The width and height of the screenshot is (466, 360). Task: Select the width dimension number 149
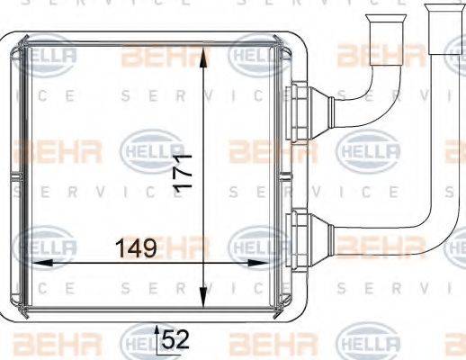pyautogui.click(x=135, y=247)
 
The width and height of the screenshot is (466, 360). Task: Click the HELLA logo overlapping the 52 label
pyautogui.click(x=139, y=345)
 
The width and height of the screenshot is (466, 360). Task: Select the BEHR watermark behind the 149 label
pyautogui.click(x=153, y=244)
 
